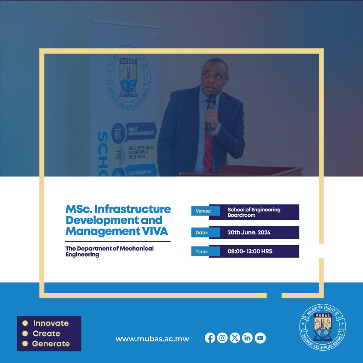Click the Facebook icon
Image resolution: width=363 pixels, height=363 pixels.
point(210,338)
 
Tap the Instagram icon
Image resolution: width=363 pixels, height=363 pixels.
point(222,338)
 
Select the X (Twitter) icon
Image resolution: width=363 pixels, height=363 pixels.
point(235,338)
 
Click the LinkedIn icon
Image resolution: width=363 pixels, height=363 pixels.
point(247,338)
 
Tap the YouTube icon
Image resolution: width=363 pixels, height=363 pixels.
point(260,338)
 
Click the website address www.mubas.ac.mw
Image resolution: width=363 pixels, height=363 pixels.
point(152,339)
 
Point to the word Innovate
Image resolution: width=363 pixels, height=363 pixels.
point(51,323)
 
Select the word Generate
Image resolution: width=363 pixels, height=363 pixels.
point(51,343)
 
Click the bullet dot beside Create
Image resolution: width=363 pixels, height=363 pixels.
point(25,333)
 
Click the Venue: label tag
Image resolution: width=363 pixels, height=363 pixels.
point(200,211)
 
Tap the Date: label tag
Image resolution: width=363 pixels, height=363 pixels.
point(200,233)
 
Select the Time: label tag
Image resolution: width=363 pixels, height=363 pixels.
point(200,252)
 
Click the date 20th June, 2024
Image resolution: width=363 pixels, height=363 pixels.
point(249,233)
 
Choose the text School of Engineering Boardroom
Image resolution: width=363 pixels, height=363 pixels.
point(254,212)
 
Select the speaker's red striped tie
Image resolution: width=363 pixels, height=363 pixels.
point(208,152)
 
